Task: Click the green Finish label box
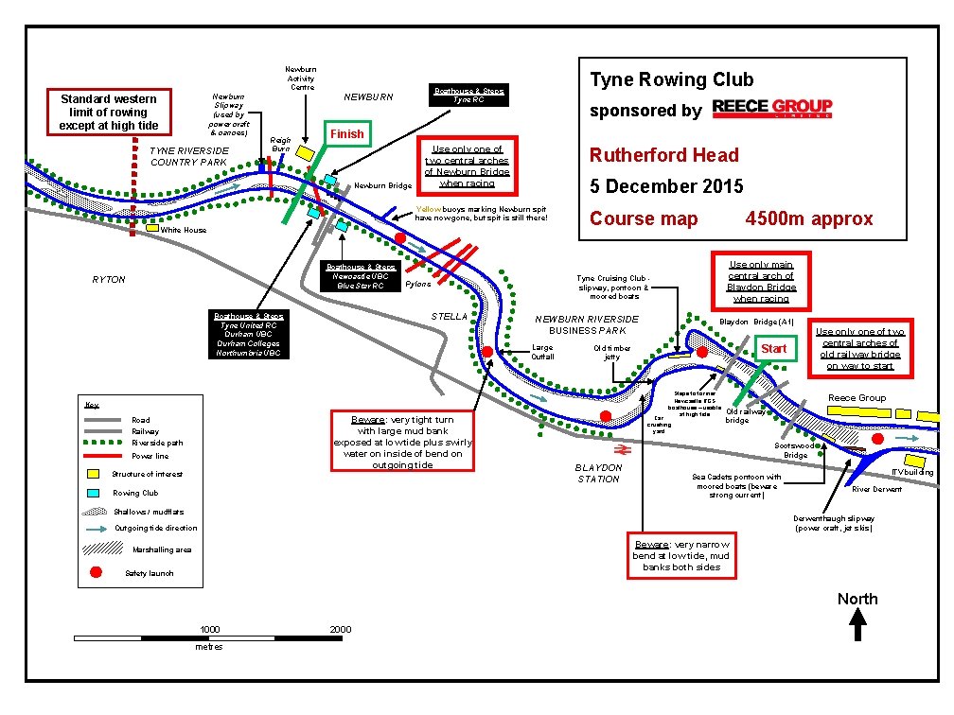click(x=346, y=133)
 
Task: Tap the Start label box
click(x=773, y=348)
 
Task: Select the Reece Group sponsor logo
click(x=771, y=108)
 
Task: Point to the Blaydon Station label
click(x=598, y=473)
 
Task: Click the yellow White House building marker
click(x=151, y=228)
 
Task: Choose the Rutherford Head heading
click(x=663, y=155)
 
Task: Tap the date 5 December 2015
click(x=666, y=186)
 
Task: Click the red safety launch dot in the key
click(x=96, y=572)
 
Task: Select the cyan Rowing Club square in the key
click(x=94, y=493)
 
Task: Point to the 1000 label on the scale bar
click(x=210, y=630)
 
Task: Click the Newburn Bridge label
click(x=382, y=185)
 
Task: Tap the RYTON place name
click(x=108, y=280)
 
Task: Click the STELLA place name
click(x=449, y=316)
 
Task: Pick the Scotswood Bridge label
click(x=795, y=449)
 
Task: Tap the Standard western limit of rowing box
click(x=109, y=112)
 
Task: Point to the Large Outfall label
click(x=542, y=352)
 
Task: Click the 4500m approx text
click(x=809, y=218)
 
